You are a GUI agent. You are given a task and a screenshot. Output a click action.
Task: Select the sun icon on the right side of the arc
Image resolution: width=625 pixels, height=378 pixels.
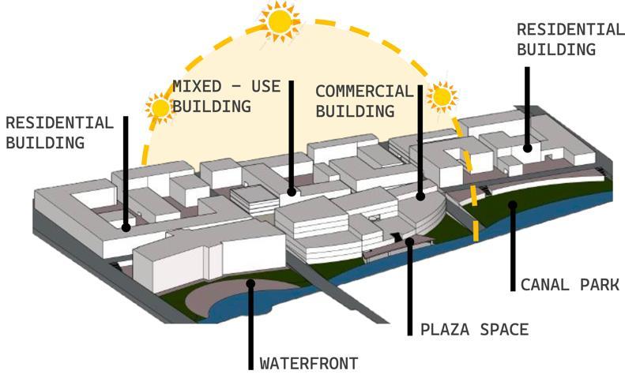(x=441, y=96)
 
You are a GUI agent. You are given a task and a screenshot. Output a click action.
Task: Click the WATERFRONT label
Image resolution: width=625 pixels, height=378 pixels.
(x=309, y=364)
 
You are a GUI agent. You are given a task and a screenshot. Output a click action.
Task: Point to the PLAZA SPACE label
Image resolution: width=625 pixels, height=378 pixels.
(x=474, y=329)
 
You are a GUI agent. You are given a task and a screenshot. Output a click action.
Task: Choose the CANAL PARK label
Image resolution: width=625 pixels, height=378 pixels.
(x=569, y=284)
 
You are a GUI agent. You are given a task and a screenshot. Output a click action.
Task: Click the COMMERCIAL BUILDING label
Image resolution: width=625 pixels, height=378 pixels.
(x=364, y=101)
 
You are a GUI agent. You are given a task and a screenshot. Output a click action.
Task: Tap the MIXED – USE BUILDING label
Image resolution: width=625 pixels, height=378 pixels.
(x=227, y=95)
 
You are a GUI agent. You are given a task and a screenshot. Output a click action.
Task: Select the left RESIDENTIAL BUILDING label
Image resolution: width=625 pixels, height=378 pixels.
(x=58, y=133)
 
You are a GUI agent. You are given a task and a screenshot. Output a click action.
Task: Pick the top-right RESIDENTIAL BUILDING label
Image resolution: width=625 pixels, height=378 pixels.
(x=570, y=39)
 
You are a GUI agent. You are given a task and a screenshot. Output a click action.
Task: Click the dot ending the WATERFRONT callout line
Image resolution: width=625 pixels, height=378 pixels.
(x=250, y=283)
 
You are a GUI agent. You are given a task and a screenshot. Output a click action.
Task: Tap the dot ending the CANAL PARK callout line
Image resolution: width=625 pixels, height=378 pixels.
(x=513, y=205)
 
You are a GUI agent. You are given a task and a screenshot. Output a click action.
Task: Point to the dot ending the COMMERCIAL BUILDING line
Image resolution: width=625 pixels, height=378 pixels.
(x=420, y=194)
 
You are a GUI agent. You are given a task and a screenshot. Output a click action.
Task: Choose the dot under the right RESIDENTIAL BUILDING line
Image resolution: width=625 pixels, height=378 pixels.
(x=526, y=147)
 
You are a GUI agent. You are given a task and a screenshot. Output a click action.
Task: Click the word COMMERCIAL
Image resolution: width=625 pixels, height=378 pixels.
(x=364, y=92)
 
